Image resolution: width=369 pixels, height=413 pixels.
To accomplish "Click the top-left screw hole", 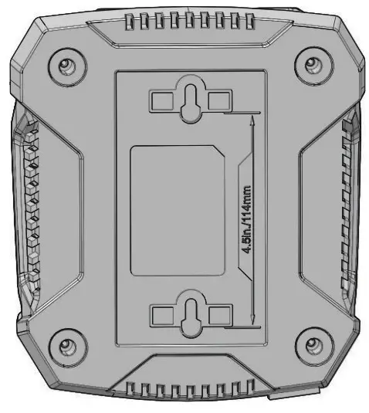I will (x=64, y=64).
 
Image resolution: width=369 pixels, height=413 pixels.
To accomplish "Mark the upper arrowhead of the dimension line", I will (x=254, y=118).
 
